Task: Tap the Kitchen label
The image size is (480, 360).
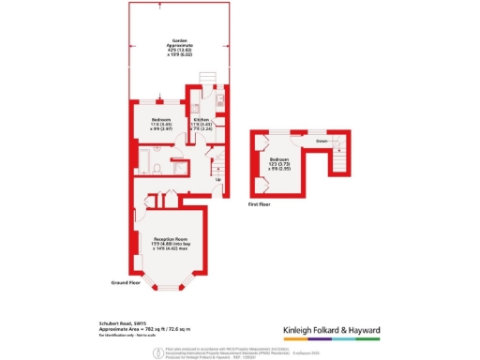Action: click(x=201, y=123)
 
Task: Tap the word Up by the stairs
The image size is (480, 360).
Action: click(x=218, y=179)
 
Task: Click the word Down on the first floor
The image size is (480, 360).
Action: click(x=322, y=142)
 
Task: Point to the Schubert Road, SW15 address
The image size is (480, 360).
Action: click(x=122, y=319)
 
